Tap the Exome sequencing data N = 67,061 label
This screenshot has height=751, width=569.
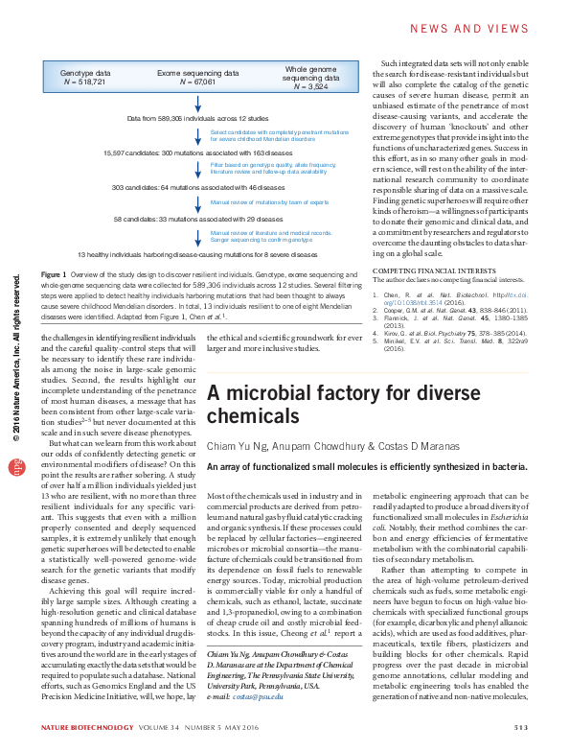(198, 77)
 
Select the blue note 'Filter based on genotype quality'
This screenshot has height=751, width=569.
(272, 167)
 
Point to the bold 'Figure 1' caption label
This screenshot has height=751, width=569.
(54, 275)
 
